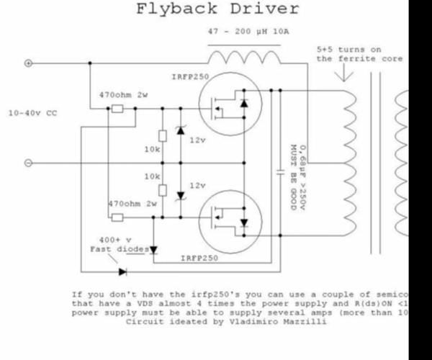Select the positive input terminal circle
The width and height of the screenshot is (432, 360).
coord(29,63)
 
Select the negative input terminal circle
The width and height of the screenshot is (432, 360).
coord(29,163)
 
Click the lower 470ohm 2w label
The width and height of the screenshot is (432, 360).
coord(132,204)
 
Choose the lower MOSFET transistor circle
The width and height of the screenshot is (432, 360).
coord(226,219)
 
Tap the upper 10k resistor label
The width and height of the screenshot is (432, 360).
coord(152,150)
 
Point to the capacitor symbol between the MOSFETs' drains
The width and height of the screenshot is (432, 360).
coord(279,173)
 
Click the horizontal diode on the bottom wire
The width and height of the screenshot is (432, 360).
coord(122,271)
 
